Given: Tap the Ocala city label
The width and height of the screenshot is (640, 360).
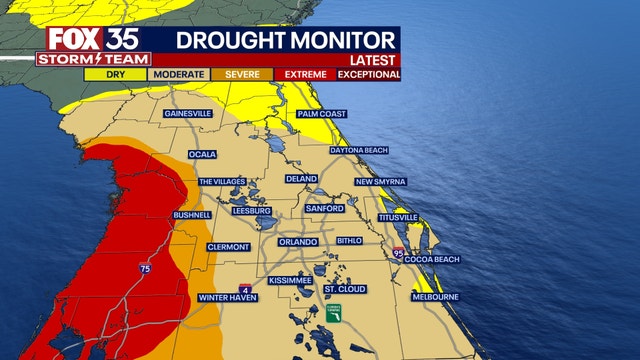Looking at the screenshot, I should [203, 155].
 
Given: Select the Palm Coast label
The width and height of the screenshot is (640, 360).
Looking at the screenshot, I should [321, 114].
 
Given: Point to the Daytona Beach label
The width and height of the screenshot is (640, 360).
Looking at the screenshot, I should [358, 150].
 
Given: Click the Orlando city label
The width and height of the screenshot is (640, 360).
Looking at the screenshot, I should [298, 241].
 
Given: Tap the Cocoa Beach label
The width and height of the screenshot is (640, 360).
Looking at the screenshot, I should [431, 259].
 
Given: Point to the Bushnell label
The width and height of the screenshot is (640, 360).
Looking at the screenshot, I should [192, 214].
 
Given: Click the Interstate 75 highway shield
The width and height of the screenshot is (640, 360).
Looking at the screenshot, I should [146, 270].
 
